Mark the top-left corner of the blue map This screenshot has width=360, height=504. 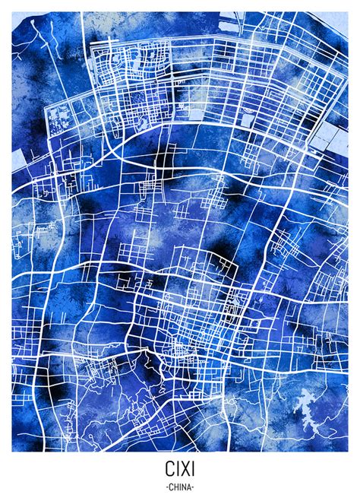[x=12, y=12]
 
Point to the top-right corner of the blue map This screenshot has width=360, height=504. [x=348, y=12]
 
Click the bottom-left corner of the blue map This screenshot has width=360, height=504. [x=12, y=452]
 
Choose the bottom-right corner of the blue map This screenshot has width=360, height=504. [x=348, y=452]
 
